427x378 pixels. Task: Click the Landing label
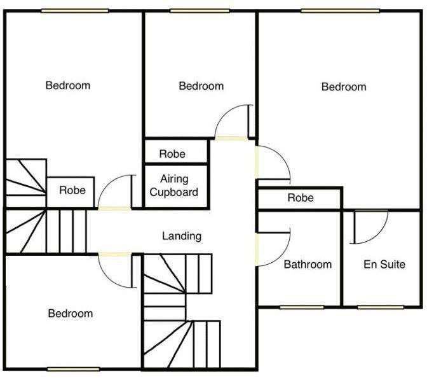click(182, 236)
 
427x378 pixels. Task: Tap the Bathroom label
click(308, 264)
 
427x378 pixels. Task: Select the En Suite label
click(384, 264)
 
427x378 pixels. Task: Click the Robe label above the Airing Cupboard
click(172, 154)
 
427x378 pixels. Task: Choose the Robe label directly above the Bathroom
click(301, 198)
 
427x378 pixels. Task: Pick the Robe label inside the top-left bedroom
click(72, 190)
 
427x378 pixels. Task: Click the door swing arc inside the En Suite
click(371, 227)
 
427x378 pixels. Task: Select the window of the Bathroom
click(301, 307)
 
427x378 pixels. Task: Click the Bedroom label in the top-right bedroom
click(344, 87)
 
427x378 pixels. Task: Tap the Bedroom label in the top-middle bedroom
click(201, 86)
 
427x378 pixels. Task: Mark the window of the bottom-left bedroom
click(73, 369)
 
